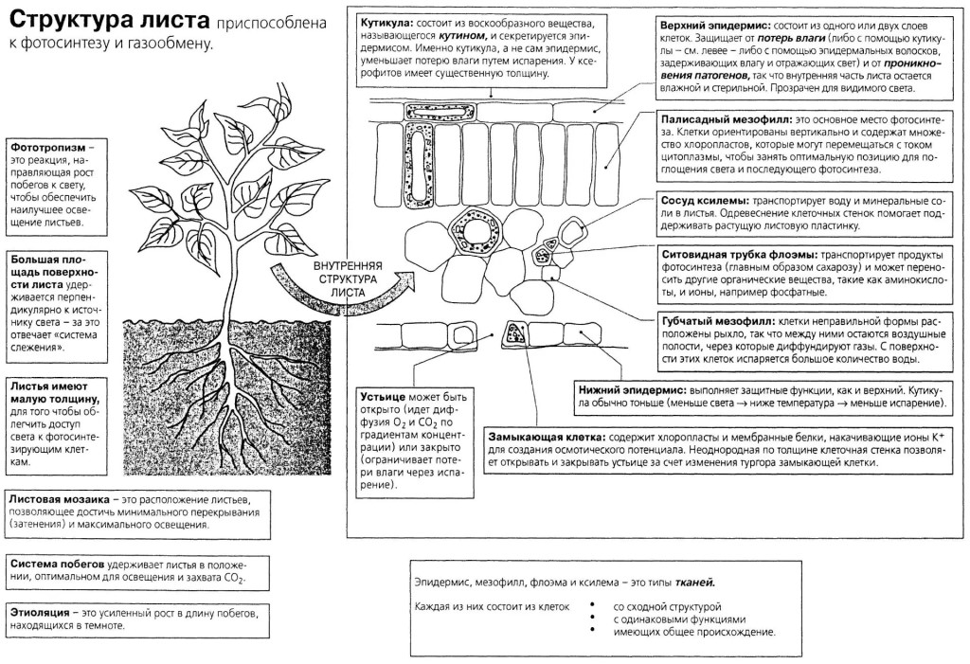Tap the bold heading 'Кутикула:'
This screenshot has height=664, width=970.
(387, 23)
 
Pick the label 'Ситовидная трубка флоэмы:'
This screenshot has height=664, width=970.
(740, 255)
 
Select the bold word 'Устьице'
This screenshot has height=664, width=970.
(383, 397)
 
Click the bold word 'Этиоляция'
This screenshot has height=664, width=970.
(40, 613)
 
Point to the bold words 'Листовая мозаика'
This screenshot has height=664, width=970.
(60, 499)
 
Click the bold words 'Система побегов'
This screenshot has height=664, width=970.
(57, 565)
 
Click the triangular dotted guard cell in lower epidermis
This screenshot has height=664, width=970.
(514, 334)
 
